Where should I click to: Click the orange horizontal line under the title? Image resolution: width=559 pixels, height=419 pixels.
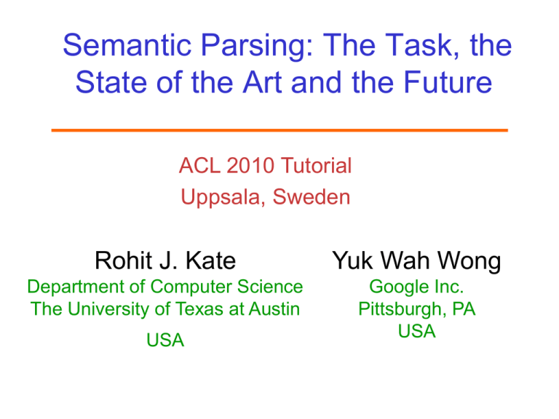coord(279,129)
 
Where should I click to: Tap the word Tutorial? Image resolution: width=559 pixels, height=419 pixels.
coord(317,167)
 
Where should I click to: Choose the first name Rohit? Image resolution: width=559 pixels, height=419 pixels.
coord(128,260)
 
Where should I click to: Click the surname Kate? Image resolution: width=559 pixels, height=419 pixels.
coord(207,260)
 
